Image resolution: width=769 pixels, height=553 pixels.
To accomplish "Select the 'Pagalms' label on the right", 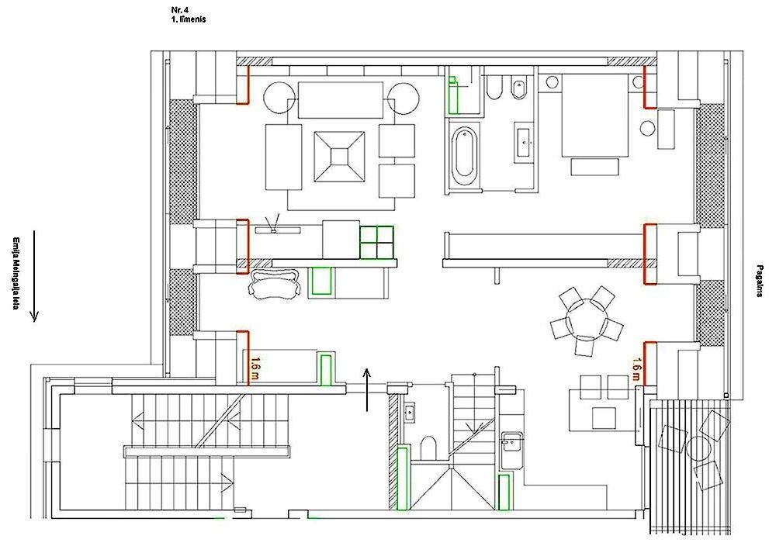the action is click(760, 281).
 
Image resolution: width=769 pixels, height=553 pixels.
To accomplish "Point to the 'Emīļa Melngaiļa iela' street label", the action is click(16, 274).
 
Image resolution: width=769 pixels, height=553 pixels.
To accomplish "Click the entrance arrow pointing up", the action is click(367, 390).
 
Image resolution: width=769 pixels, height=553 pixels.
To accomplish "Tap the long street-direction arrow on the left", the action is click(34, 276).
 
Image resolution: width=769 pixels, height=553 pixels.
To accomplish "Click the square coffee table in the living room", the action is click(339, 157).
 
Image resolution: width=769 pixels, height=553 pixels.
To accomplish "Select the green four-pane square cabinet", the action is click(376, 242).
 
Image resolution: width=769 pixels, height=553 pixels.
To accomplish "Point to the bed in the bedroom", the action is click(594, 116).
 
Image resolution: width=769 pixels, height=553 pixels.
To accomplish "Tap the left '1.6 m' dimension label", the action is click(255, 370).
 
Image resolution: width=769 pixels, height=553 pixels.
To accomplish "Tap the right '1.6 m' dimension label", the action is click(636, 368).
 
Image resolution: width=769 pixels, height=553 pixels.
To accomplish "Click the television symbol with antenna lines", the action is click(272, 223).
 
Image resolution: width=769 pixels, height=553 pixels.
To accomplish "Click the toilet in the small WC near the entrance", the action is click(428, 448).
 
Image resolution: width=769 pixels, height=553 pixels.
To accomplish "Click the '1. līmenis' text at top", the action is click(189, 19).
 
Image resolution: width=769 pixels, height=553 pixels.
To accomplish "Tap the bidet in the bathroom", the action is click(518, 88).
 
